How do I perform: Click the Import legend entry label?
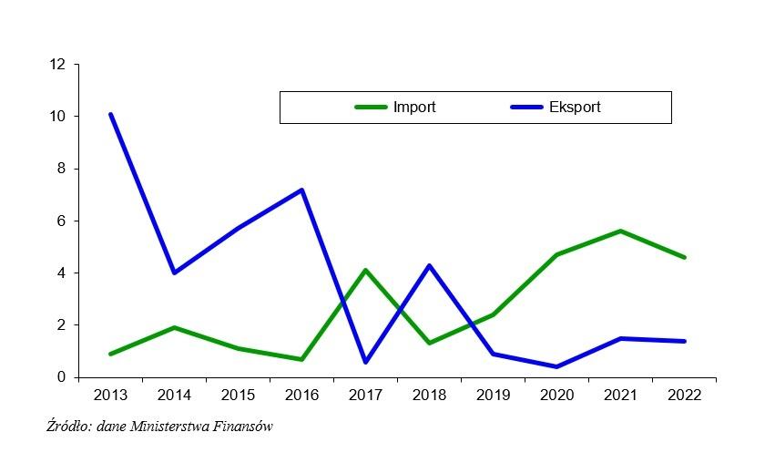pyautogui.click(x=414, y=108)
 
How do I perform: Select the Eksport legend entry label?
pyautogui.click(x=575, y=108)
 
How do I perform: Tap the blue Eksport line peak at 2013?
pyautogui.click(x=110, y=115)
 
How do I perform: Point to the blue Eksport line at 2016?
pyautogui.click(x=301, y=190)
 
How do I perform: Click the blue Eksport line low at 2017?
pyautogui.click(x=365, y=362)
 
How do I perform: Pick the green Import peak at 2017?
pyautogui.click(x=365, y=270)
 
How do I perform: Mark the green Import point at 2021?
pyautogui.click(x=620, y=231)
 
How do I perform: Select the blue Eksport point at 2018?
pyautogui.click(x=429, y=265)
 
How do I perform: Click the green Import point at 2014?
pyautogui.click(x=174, y=327)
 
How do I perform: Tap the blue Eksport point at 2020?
pyautogui.click(x=556, y=366)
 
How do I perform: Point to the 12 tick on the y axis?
pyautogui.click(x=58, y=65)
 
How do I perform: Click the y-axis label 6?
pyautogui.click(x=62, y=221)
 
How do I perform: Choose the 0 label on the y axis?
pyautogui.click(x=62, y=377)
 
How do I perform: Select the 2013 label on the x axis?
pyautogui.click(x=110, y=396)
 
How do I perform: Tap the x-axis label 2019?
pyautogui.click(x=493, y=396)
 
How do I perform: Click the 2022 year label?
pyautogui.click(x=684, y=396)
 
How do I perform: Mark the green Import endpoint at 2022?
pyautogui.click(x=684, y=257)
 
